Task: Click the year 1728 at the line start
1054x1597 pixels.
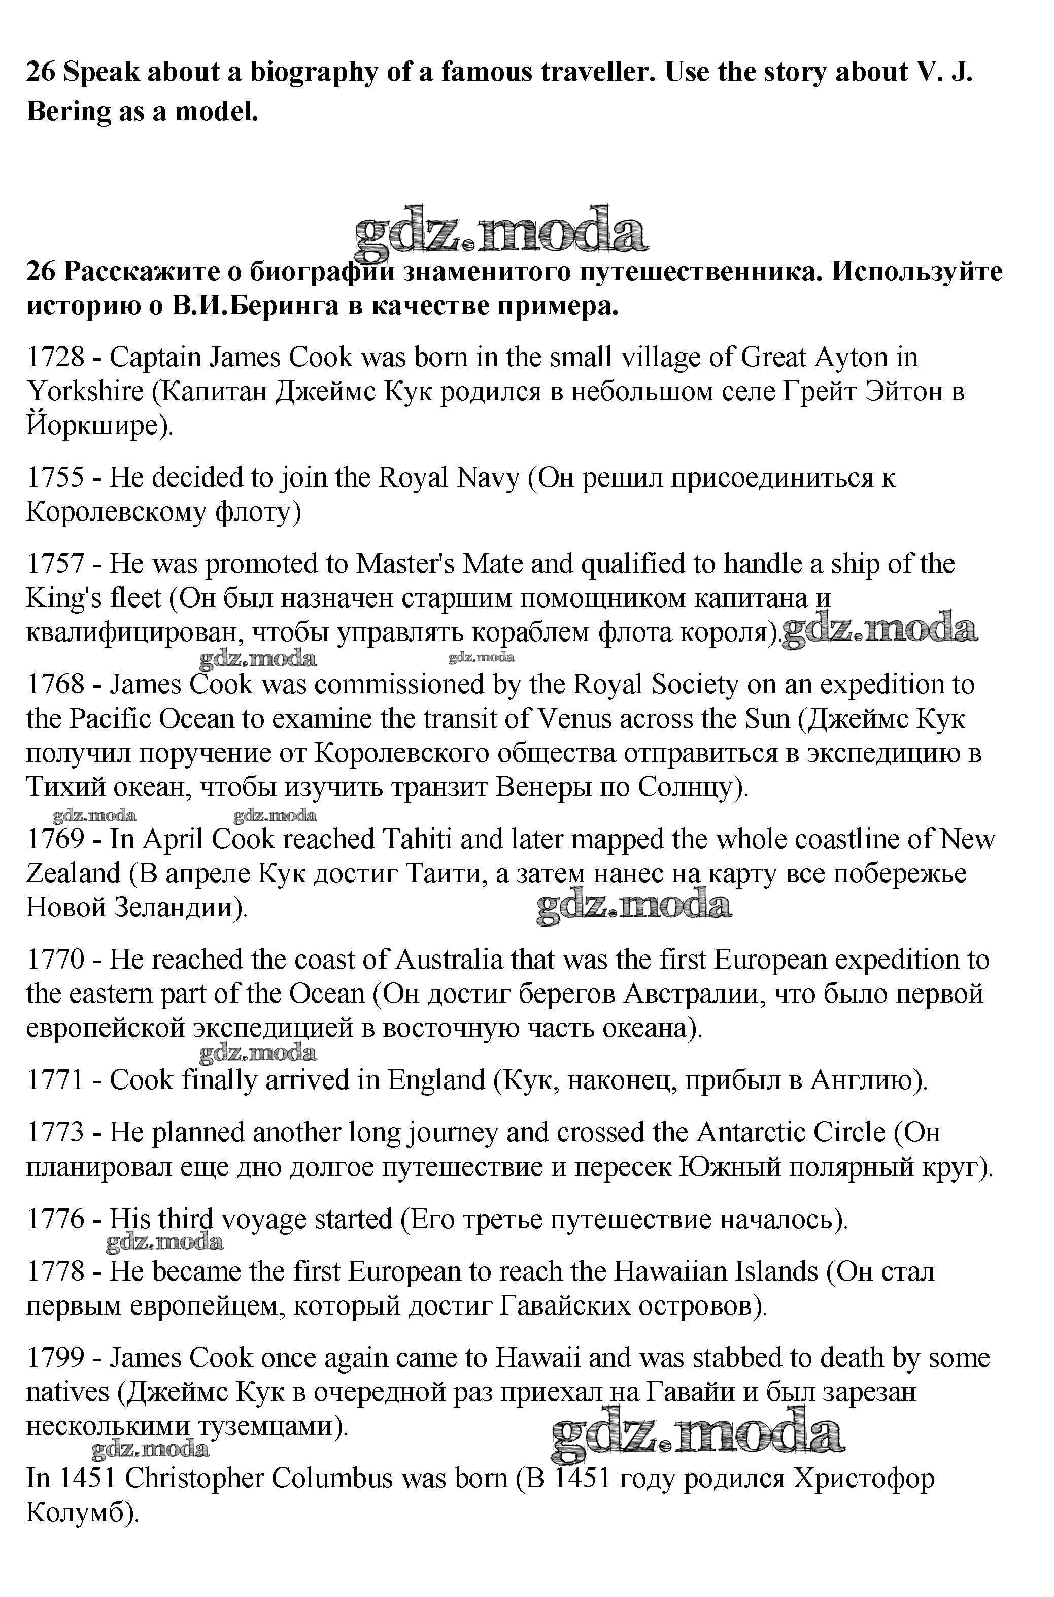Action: tap(55, 357)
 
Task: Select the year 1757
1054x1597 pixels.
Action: tap(55, 564)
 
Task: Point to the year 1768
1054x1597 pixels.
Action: tap(55, 685)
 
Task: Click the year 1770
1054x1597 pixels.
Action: tap(55, 960)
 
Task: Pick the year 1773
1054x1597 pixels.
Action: tap(55, 1132)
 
